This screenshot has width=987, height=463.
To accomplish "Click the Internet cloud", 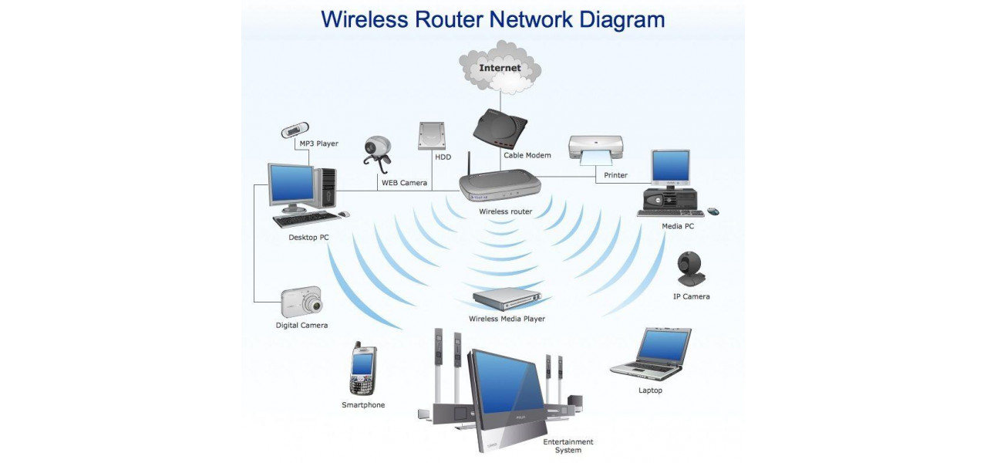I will [500, 67].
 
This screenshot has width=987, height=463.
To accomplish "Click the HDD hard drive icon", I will [432, 136].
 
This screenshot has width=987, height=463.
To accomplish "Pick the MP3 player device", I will [295, 130].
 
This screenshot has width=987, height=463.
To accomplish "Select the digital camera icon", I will [301, 302].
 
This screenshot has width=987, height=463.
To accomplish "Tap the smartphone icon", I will [362, 370].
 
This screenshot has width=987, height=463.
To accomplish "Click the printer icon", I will [595, 149].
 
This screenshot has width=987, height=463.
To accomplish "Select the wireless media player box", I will [507, 298].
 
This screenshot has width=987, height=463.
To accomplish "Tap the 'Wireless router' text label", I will [505, 211].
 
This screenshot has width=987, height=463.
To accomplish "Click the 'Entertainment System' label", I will [568, 446].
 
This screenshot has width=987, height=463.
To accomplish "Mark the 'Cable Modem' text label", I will [527, 156].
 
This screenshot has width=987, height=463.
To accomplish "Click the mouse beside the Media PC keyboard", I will [713, 211].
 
